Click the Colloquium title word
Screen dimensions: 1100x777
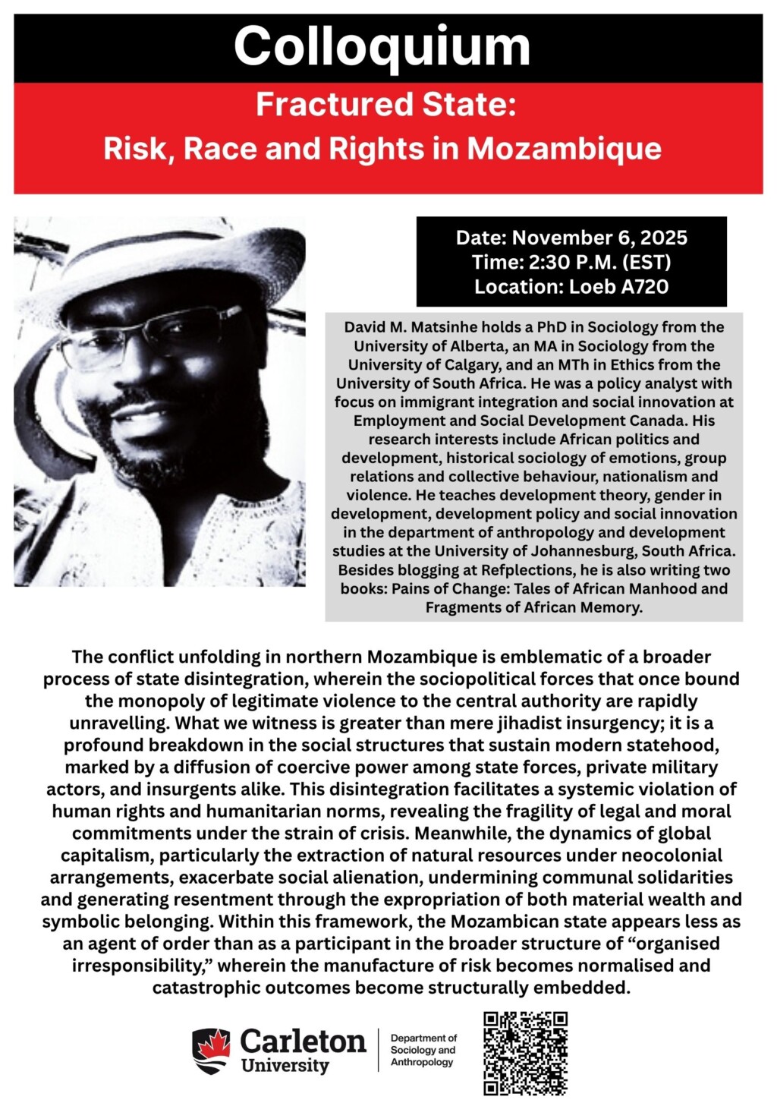[x=382, y=47]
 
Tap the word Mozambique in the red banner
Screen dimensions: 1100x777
[x=564, y=148]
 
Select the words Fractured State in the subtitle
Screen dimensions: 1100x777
[x=385, y=105]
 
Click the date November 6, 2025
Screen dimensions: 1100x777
[x=599, y=238]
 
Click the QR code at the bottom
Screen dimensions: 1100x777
[x=525, y=1052]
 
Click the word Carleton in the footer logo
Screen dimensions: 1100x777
[x=303, y=1041]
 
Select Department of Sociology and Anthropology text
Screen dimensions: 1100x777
[x=423, y=1050]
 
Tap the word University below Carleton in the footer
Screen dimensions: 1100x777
[x=285, y=1065]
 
